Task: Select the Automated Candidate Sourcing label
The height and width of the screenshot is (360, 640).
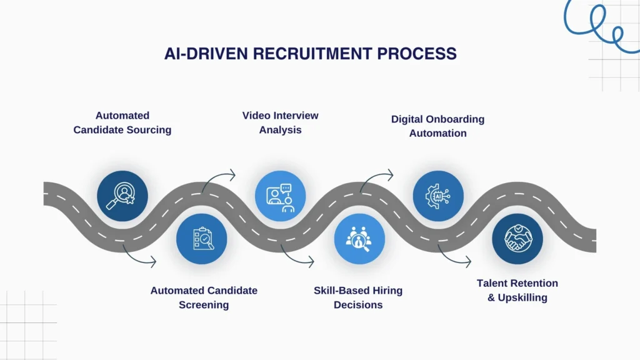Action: point(122,122)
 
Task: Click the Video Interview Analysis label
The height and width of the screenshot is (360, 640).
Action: point(280,122)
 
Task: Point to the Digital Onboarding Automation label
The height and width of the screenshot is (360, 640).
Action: point(437,126)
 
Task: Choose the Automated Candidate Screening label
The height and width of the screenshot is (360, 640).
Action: point(204,297)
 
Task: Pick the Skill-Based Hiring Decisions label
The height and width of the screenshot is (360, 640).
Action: point(358,297)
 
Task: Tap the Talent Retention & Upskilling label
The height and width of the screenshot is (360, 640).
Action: point(517,290)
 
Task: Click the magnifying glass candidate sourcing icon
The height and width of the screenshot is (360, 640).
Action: point(122,196)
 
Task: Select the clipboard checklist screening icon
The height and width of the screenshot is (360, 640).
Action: point(202,238)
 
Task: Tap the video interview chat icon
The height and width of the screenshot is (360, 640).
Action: point(280,196)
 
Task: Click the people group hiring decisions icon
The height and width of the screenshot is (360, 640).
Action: point(359,238)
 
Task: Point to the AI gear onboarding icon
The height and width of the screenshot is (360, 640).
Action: point(438,196)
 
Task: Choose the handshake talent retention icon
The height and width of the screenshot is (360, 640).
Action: point(517,238)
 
